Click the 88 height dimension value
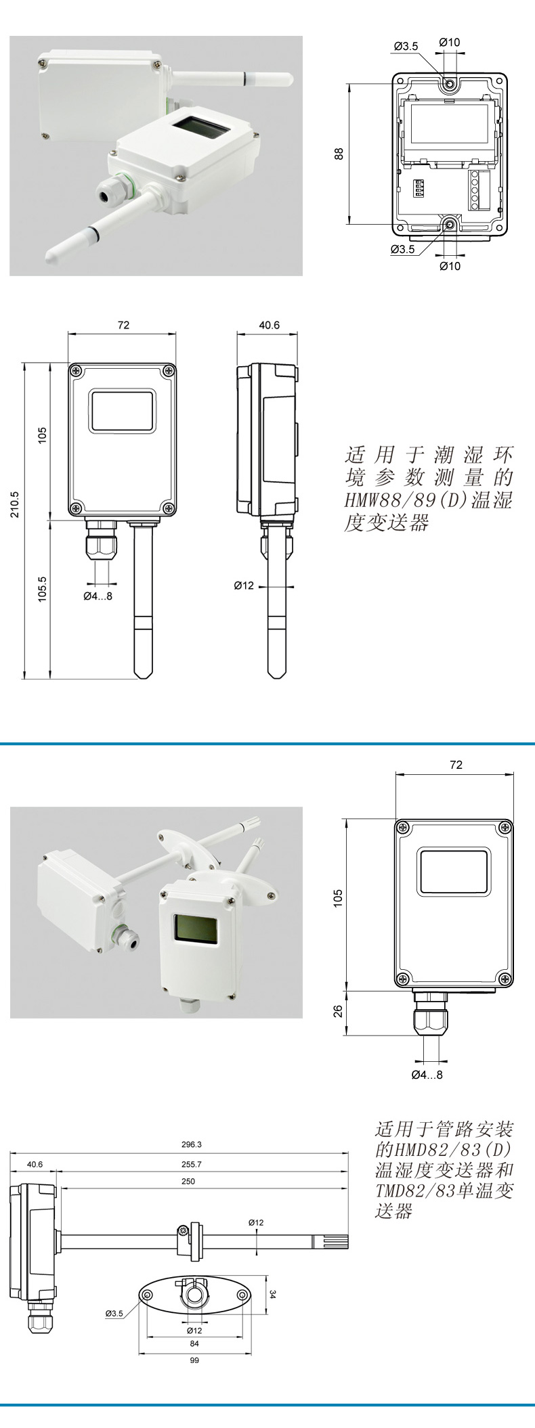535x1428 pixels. click(x=340, y=154)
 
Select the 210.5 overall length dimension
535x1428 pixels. click(x=14, y=504)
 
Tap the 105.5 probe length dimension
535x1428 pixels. click(x=42, y=589)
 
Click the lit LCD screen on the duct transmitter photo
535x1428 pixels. click(x=196, y=928)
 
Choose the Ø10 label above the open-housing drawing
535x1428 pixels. click(x=449, y=42)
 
